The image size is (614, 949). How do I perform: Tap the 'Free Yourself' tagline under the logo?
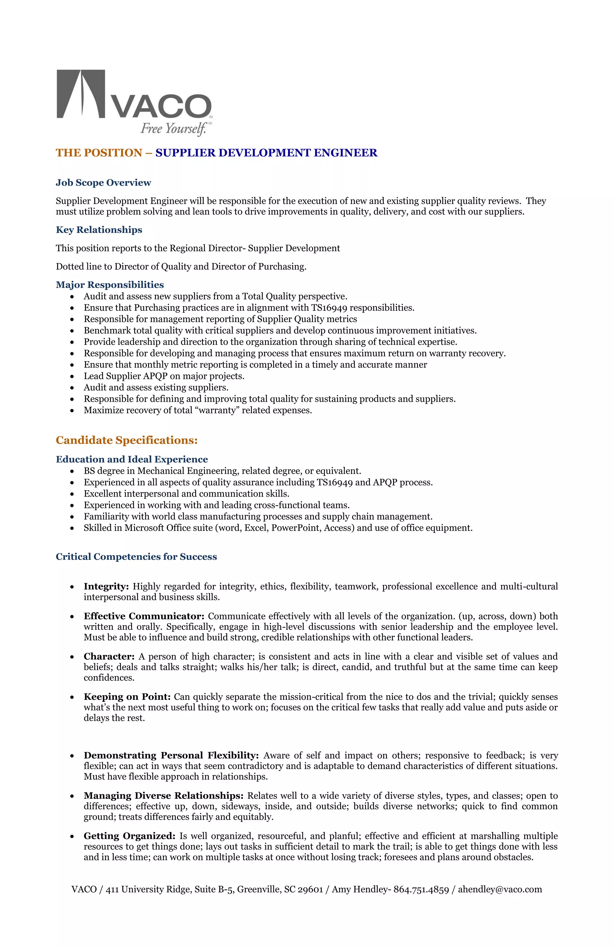coord(173,128)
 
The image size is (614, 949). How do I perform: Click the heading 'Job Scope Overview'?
coord(103,183)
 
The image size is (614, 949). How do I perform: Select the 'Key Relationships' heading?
coord(99,230)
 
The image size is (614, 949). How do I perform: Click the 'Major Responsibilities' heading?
coord(110,285)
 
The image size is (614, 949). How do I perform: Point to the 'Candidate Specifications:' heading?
coord(127,440)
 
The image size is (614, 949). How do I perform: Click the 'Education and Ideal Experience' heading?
coord(132,459)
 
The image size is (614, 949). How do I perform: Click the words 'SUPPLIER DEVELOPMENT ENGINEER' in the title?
coord(266,153)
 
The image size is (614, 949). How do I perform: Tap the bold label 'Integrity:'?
coord(106,586)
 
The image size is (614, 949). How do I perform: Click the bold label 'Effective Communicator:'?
coord(144,616)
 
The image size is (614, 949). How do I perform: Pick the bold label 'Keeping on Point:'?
coord(127,697)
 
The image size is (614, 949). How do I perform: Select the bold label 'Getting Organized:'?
coord(129,836)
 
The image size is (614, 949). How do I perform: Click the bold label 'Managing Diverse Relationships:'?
coord(163,795)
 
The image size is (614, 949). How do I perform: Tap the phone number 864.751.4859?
coord(421,889)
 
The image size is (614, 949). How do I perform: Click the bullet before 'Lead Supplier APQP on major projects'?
coord(72,376)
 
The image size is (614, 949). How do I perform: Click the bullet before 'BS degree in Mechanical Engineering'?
coord(72,471)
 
